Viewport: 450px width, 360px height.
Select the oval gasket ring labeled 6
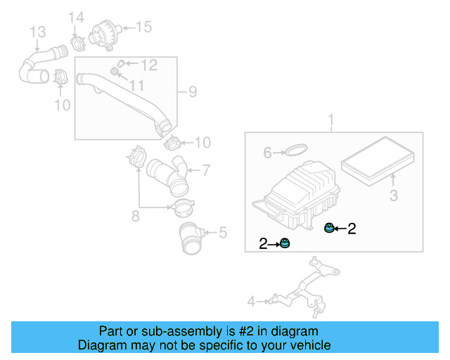coord(297,150)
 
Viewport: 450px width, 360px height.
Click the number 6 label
coord(267,153)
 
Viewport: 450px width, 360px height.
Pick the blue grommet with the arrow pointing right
coord(285,243)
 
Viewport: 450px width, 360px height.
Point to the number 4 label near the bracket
coord(251,302)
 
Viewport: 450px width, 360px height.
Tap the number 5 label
coord(222,231)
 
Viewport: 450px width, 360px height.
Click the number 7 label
coord(206,169)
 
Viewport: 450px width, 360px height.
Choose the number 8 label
coord(135,215)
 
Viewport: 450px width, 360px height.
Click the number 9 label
coord(192,91)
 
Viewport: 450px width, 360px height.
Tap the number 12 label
coord(148,65)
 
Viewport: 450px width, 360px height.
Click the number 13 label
coord(37,32)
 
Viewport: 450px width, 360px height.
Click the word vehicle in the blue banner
coord(309,345)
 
